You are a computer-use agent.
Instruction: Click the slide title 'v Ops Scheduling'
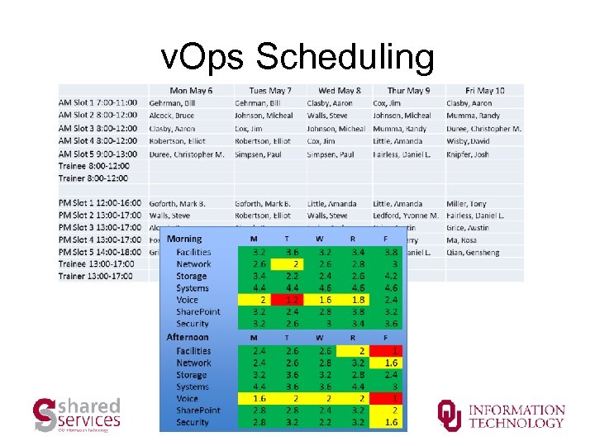pos(297,57)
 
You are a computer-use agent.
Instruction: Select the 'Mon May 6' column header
pos(191,90)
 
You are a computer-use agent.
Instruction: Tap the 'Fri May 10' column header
pos(484,90)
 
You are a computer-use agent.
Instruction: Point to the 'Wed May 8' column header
pos(339,90)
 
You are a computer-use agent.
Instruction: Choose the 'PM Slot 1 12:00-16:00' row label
pos(100,203)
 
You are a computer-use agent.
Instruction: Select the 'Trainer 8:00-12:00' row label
pos(93,178)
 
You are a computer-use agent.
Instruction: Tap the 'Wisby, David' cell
pos(468,141)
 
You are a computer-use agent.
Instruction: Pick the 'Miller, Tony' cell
pos(466,203)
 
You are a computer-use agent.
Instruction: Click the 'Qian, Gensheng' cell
pos(473,252)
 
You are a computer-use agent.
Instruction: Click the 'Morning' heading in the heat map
pos(184,239)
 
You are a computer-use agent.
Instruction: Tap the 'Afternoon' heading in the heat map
pos(188,337)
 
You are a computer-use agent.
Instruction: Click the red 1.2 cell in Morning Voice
pos(287,300)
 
